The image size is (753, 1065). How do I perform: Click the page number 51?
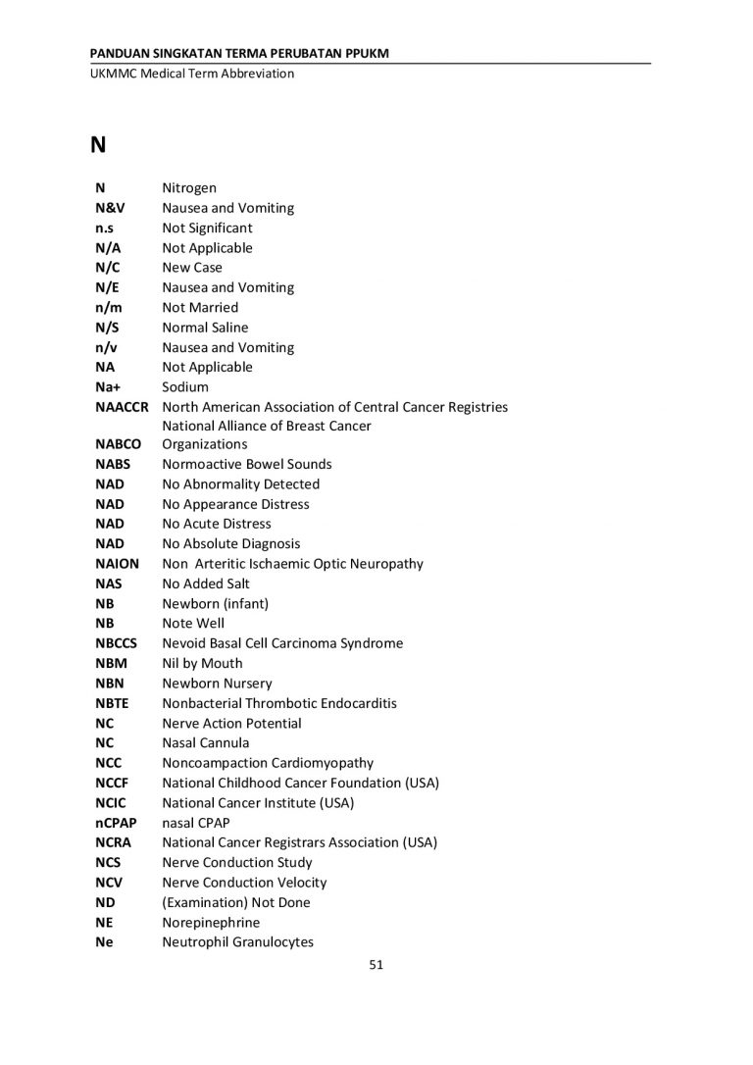[x=376, y=965]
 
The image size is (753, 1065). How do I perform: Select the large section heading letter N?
[x=98, y=146]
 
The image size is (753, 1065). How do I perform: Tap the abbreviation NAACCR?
[x=122, y=407]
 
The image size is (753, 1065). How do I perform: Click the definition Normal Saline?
[x=205, y=328]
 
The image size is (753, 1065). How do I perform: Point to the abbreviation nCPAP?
[x=116, y=823]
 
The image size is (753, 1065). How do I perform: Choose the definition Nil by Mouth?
[x=202, y=663]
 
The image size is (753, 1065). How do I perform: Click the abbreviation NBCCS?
[x=117, y=643]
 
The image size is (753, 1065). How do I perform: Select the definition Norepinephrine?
[x=211, y=923]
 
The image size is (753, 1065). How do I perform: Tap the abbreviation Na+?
[x=108, y=387]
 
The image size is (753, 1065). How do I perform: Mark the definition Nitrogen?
[x=189, y=188]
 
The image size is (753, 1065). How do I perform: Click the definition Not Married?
[x=200, y=307]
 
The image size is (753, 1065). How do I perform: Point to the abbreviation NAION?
[x=118, y=564]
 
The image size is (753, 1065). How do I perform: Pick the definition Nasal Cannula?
[x=206, y=742]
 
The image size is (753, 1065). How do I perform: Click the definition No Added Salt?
[x=206, y=583]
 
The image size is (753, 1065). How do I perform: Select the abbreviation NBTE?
[x=112, y=703]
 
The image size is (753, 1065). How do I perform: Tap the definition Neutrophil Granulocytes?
[x=237, y=942]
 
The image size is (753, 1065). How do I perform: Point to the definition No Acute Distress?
[x=217, y=524]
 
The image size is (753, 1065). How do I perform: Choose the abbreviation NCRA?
[x=114, y=842]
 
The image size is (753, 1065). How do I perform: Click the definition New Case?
[x=192, y=268]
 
